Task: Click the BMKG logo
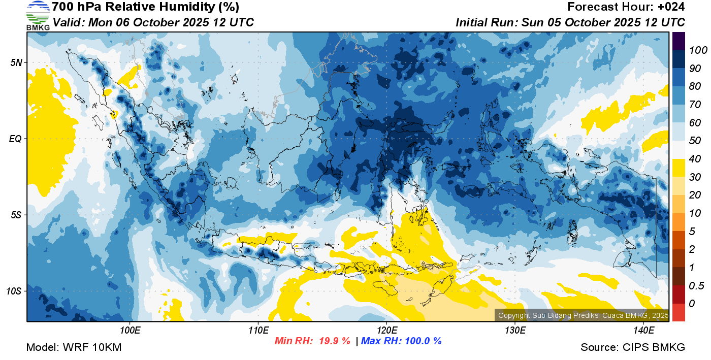pos(38,16)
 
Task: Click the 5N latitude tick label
pos(16,62)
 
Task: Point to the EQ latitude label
pos(15,139)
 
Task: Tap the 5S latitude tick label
pos(16,215)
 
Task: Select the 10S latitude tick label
pos(14,291)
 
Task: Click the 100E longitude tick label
pos(130,331)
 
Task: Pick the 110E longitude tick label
pos(258,331)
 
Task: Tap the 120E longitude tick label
pos(387,331)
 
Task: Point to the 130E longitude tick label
pos(515,331)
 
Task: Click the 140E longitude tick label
pos(644,331)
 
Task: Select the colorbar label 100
pos(698,50)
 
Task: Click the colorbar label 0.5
pos(696,286)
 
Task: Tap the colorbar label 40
pos(695,159)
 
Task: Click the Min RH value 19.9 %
pos(334,341)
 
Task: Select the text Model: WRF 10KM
pos(74,347)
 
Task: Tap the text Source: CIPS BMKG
pos(633,347)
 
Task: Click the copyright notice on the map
pos(584,315)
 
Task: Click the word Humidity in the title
pos(187,7)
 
